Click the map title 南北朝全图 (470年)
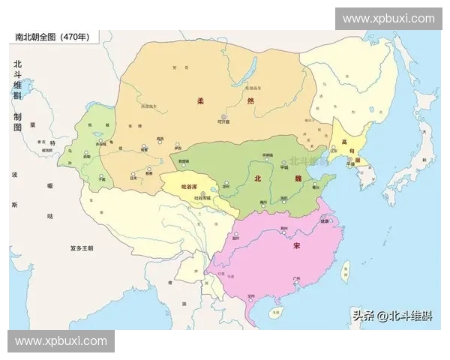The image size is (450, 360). (x=50, y=37)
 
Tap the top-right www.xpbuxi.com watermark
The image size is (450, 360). (x=388, y=18)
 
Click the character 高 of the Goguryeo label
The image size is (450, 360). (x=344, y=142)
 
